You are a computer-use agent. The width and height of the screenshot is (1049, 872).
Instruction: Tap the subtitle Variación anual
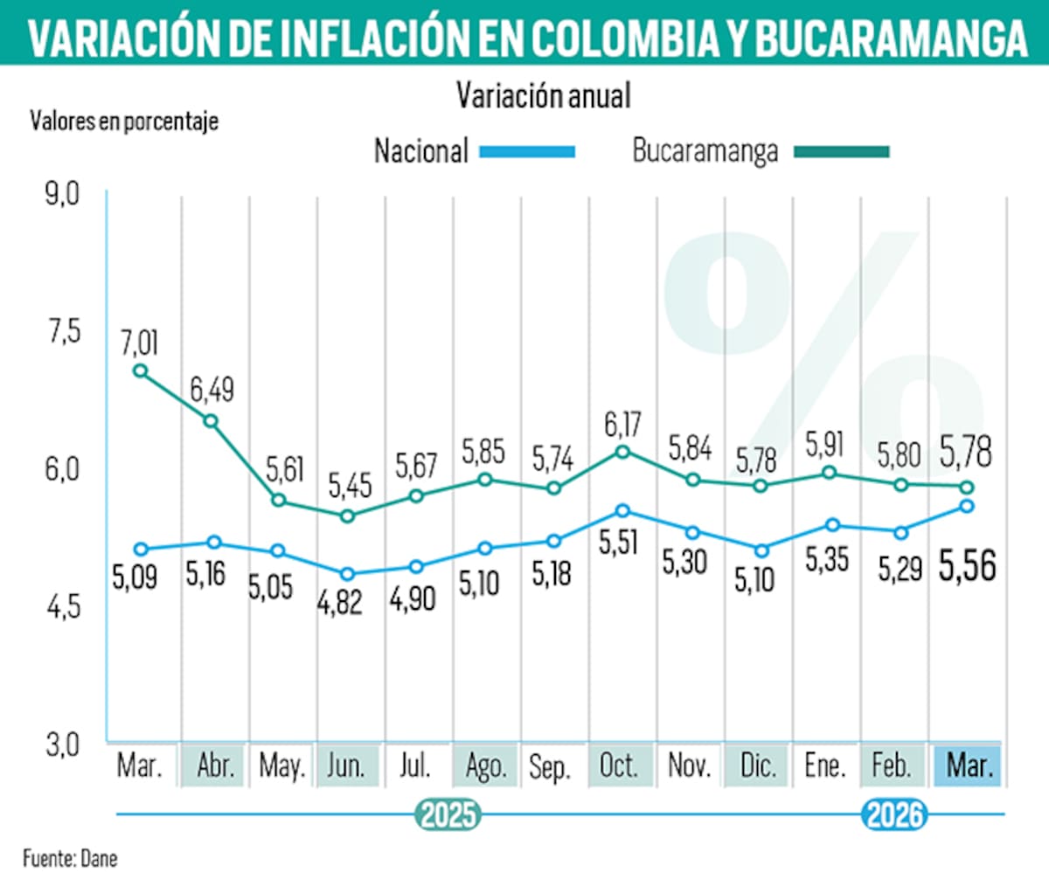[543, 95]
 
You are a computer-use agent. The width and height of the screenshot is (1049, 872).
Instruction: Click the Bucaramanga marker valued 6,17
[622, 452]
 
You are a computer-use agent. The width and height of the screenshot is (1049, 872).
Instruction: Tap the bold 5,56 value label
[967, 566]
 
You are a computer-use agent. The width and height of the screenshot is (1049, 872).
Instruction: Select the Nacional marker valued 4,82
[348, 574]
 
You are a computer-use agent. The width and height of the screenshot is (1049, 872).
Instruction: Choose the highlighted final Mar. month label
[968, 766]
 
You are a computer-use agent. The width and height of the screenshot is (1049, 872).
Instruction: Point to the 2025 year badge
[448, 815]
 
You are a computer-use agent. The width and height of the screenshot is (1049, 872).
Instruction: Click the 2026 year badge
[893, 815]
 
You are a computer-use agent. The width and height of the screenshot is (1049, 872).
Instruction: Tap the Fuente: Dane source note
[70, 857]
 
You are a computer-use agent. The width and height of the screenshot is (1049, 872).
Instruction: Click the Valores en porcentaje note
[124, 121]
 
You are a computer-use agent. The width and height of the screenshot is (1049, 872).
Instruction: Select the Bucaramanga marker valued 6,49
[211, 421]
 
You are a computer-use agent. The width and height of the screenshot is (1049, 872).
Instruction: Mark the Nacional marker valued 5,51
[622, 510]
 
